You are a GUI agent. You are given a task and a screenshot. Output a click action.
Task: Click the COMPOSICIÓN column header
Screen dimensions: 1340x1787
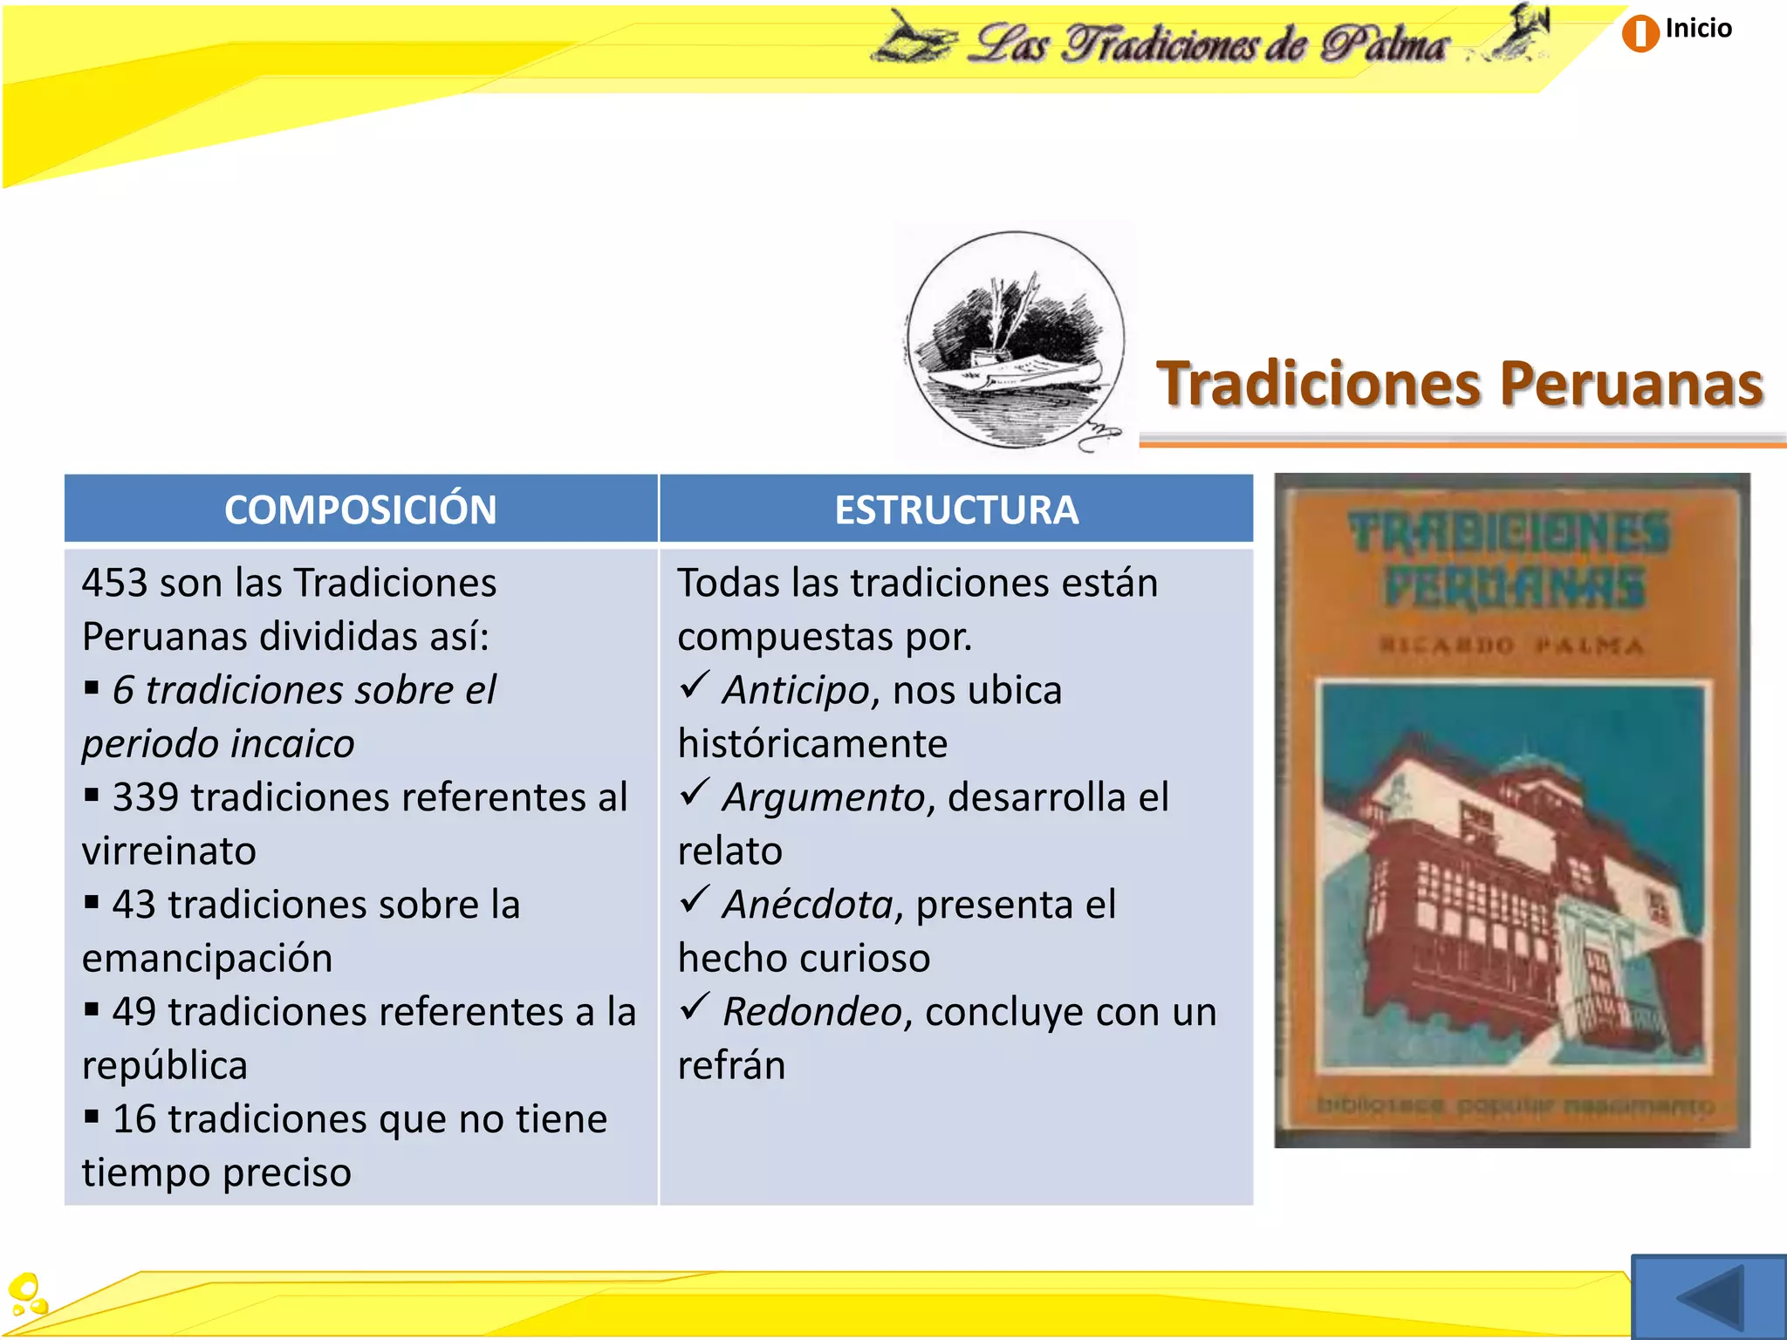(360, 509)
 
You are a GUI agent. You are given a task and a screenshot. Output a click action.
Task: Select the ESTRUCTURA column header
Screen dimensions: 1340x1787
(956, 509)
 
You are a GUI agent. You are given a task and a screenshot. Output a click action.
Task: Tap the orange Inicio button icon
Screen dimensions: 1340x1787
(1640, 33)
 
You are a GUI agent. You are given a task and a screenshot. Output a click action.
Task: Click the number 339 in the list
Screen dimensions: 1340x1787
(146, 797)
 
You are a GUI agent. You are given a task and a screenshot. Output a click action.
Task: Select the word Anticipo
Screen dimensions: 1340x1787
(796, 690)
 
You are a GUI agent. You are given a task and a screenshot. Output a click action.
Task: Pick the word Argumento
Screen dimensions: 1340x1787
(823, 797)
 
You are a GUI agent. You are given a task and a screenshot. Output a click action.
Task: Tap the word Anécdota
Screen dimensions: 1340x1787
(807, 905)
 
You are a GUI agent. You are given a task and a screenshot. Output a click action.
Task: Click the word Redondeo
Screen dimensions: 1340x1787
(811, 1012)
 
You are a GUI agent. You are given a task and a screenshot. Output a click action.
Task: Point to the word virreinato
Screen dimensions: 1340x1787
(169, 851)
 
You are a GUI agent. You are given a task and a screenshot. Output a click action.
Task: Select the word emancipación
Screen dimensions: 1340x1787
(208, 959)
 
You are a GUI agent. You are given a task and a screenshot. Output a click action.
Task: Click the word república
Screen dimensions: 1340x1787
(165, 1066)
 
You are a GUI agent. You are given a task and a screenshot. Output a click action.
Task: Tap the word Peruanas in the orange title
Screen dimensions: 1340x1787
(1631, 384)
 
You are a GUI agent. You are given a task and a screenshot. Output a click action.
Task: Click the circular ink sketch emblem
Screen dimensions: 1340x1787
(1015, 340)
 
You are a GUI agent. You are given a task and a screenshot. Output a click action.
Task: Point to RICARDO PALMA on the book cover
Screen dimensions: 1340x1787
(1511, 646)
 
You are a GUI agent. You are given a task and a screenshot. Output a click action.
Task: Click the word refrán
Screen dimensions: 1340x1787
(731, 1066)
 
